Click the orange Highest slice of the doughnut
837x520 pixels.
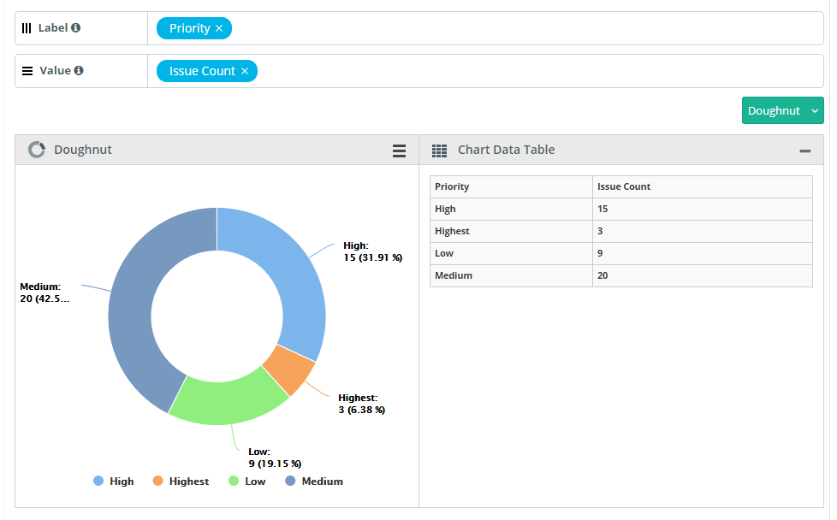tap(288, 370)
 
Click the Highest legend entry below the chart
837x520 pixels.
tap(181, 482)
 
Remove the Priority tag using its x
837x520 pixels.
tap(219, 28)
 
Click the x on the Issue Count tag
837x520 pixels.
tap(245, 71)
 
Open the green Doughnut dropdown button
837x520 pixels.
tap(782, 110)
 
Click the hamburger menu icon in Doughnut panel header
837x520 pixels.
tap(399, 151)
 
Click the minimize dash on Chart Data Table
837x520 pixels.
tap(804, 151)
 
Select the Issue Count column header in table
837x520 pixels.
tap(624, 186)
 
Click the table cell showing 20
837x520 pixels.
tap(604, 275)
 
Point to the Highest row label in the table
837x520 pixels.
tap(452, 231)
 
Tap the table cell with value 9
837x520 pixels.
tap(602, 253)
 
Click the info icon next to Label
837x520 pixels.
tap(76, 27)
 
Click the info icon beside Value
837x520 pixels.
tap(79, 70)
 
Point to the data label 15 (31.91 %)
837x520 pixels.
tap(372, 257)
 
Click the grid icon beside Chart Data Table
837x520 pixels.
tap(439, 151)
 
